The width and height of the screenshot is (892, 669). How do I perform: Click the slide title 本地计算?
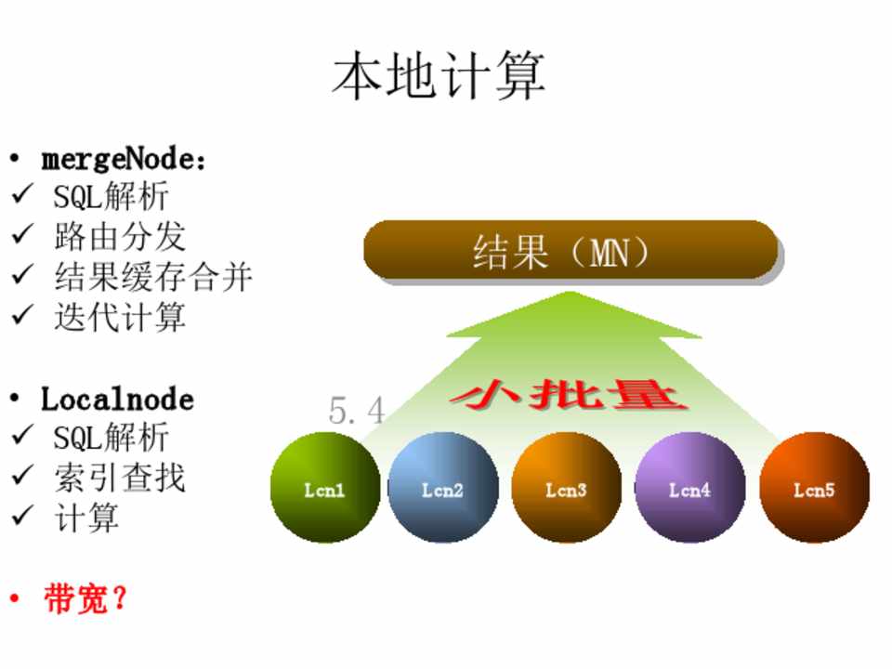pyautogui.click(x=439, y=75)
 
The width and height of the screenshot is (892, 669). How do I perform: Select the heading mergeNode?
pyautogui.click(x=123, y=159)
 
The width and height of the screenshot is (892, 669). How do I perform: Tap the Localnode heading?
pyautogui.click(x=117, y=400)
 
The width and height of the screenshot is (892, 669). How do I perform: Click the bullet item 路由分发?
pyautogui.click(x=120, y=236)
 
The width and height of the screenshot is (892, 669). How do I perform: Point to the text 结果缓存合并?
pyautogui.click(x=153, y=277)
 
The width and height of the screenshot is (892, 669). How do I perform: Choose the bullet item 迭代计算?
pyautogui.click(x=120, y=317)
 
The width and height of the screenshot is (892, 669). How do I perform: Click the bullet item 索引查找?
pyautogui.click(x=120, y=478)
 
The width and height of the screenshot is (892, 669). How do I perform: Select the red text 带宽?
pyautogui.click(x=85, y=598)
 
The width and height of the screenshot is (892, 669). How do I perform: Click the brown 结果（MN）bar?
pyautogui.click(x=571, y=250)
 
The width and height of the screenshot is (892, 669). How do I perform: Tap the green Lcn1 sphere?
pyautogui.click(x=325, y=488)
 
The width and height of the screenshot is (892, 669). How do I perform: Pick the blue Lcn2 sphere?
pyautogui.click(x=443, y=488)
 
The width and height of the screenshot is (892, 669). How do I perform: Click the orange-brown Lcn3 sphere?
pyautogui.click(x=567, y=488)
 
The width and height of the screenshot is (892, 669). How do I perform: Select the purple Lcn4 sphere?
pyautogui.click(x=690, y=488)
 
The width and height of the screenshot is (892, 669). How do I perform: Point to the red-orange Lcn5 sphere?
pyautogui.click(x=815, y=488)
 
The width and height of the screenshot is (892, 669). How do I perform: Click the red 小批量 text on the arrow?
pyautogui.click(x=569, y=395)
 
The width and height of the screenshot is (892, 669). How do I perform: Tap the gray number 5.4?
pyautogui.click(x=357, y=411)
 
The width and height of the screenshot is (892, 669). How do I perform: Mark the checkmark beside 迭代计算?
pyautogui.click(x=22, y=315)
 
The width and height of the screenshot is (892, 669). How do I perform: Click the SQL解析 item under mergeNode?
pyautogui.click(x=111, y=196)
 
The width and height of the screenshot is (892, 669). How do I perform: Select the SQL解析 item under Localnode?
pyautogui.click(x=111, y=437)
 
